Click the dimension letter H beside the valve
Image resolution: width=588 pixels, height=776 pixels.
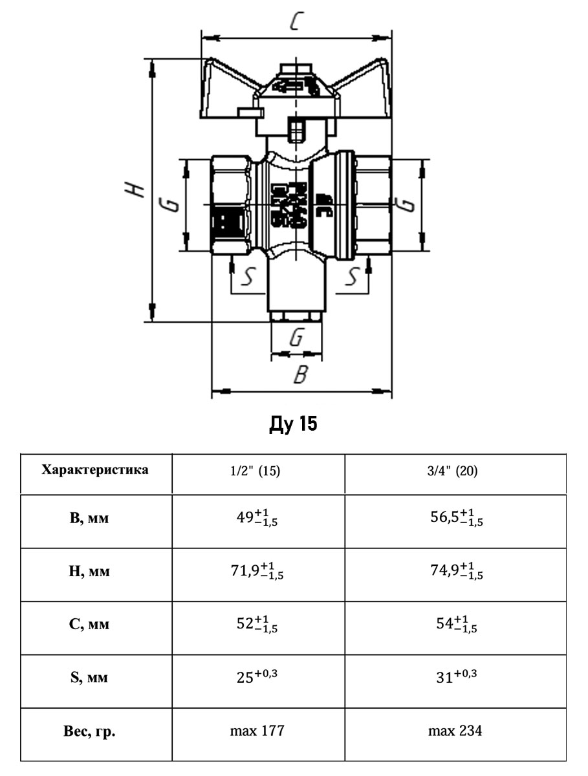click(135, 188)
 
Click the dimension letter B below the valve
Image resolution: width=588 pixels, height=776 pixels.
click(299, 374)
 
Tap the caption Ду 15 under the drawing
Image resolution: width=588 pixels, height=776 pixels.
click(294, 425)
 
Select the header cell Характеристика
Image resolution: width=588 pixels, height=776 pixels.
click(95, 470)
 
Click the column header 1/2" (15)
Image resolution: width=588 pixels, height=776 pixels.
click(258, 471)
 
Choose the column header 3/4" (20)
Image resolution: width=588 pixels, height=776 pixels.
click(456, 471)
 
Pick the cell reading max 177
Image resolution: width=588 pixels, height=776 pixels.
click(257, 731)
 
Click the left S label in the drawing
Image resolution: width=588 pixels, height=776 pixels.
click(246, 277)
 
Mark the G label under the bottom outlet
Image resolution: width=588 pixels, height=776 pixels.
click(296, 338)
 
